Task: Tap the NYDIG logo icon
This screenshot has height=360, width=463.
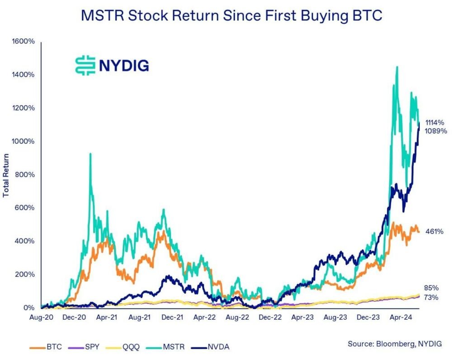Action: point(85,65)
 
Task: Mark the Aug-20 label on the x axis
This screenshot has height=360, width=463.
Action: point(41,318)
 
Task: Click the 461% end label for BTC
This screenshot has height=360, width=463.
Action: point(435,231)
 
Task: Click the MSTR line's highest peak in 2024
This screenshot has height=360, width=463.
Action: point(397,67)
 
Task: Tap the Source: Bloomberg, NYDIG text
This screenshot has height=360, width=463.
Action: point(394,344)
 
